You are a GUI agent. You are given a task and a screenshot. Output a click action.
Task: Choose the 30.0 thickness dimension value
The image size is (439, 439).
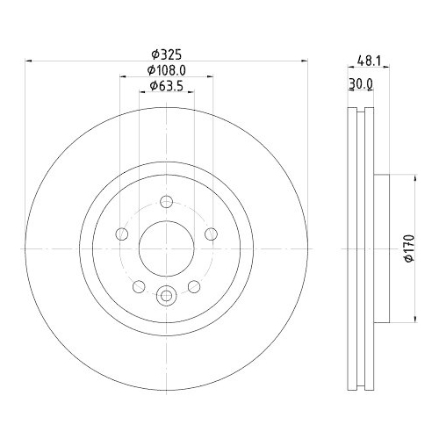(x=363, y=85)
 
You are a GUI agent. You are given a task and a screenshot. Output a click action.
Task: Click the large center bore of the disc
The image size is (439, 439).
(x=166, y=248)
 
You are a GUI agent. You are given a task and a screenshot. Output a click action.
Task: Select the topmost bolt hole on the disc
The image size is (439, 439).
(x=166, y=201)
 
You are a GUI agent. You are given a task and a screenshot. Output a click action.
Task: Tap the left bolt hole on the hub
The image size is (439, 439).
(x=121, y=234)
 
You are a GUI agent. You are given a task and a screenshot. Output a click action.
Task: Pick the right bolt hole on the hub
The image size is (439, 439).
(x=211, y=234)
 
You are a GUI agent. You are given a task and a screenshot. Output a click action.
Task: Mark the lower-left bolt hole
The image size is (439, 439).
(x=138, y=286)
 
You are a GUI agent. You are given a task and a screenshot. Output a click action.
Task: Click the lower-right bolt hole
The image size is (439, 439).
(x=193, y=286)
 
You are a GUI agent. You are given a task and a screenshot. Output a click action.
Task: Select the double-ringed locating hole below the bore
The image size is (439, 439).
(x=166, y=295)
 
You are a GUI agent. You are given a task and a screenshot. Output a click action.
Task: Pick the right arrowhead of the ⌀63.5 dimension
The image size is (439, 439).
(x=192, y=94)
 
